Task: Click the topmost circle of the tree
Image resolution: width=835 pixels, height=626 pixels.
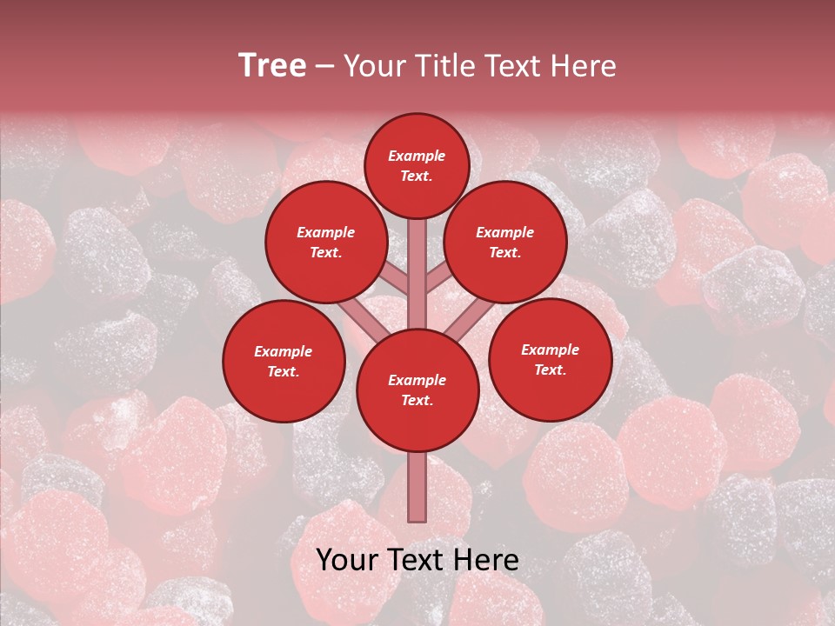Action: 417,165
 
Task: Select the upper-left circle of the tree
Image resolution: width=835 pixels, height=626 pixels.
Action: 326,242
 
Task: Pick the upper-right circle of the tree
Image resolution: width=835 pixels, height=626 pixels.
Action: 505,242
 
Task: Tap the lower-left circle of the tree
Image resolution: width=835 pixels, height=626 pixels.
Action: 284,361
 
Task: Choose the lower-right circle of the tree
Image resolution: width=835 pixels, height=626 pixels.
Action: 550,359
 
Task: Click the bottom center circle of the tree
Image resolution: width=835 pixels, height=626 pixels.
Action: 417,390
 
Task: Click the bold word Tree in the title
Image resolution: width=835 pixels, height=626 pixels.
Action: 272,66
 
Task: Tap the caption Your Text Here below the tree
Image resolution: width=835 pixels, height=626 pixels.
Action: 417,560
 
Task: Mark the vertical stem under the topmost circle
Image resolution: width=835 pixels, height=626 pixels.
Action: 417,261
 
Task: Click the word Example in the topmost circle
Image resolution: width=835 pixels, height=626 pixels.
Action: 417,156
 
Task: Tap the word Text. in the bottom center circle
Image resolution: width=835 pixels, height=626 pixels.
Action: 417,401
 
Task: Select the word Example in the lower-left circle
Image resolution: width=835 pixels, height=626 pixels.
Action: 283,351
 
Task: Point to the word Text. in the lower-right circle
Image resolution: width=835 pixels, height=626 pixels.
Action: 550,370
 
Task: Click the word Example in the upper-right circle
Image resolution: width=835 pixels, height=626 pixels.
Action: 504,232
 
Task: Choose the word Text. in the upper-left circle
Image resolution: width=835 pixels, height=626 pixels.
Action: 326,252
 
